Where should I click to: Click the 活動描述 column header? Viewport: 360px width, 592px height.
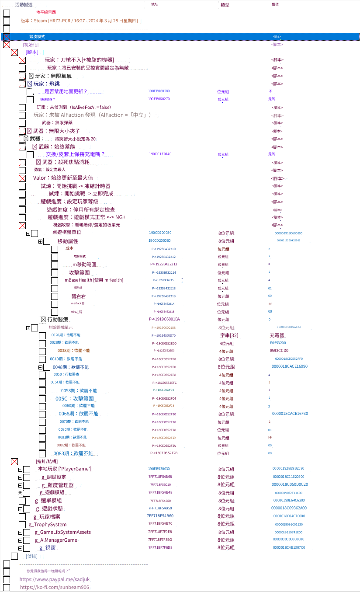coord(24,4)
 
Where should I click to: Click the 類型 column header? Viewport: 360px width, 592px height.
coord(225,5)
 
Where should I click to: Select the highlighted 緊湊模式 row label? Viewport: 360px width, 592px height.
coord(37,37)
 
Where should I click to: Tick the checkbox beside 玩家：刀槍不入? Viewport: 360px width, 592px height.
coord(22,60)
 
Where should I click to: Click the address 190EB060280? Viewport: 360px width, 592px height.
coord(159,91)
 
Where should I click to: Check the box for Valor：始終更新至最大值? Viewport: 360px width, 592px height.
coord(22,178)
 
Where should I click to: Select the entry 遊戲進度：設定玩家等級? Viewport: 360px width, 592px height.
coord(69,202)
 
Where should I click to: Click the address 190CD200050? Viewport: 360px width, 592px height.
coord(160,233)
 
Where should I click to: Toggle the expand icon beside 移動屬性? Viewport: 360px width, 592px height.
coord(40,241)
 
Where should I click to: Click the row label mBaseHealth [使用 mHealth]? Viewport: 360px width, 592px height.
coord(94,280)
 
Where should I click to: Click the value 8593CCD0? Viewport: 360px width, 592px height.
coord(279,351)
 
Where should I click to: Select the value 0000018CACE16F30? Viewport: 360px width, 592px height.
coord(290,414)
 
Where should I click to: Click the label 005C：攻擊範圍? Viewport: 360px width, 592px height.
coord(74,399)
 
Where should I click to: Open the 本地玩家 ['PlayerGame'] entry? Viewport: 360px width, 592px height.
coord(65,469)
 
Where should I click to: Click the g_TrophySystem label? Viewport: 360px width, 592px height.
coord(48,524)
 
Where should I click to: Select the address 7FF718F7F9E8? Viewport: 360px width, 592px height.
coord(160,532)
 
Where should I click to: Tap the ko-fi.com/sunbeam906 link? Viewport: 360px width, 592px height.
coord(55,588)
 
